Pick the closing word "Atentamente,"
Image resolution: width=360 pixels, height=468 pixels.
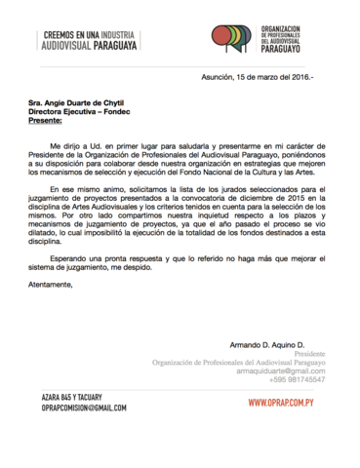click(x=51, y=286)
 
